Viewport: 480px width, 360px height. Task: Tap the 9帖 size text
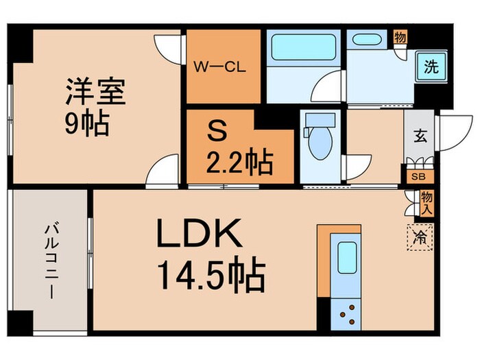tap(86, 123)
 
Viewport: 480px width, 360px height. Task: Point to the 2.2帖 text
tap(240, 163)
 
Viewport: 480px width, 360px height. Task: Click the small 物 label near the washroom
tap(399, 37)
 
